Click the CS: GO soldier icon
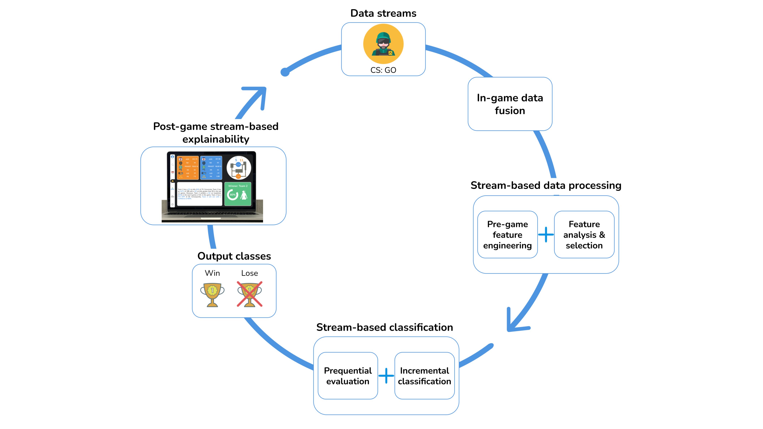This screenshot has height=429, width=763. pos(383,44)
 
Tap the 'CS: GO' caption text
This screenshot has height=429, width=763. pos(383,70)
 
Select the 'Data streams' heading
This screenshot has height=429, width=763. pos(383,13)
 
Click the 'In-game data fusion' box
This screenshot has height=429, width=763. pos(510,104)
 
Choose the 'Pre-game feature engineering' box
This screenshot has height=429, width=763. pos(507,235)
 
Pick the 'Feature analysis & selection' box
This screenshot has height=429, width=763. pos(584,235)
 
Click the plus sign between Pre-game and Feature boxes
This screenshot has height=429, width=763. pos(546,235)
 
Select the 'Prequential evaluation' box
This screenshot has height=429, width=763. pos(348,376)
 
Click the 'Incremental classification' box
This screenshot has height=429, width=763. pos(425,376)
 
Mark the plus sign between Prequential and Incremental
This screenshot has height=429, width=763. pos(386,376)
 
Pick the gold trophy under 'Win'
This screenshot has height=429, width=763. pos(212,294)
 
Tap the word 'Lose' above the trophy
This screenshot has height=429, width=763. pos(249,273)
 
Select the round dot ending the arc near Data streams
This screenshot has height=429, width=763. pos(285,72)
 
